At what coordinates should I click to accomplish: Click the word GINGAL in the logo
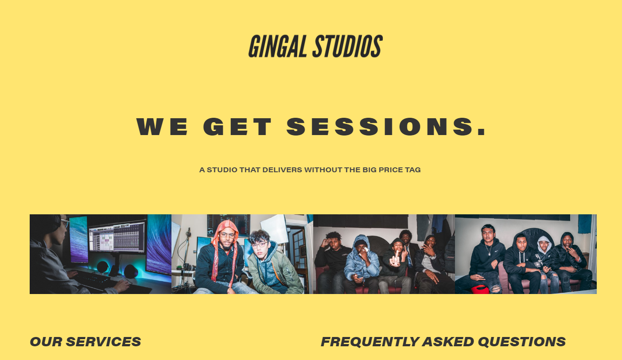point(277,46)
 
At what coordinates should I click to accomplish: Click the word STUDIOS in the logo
point(348,46)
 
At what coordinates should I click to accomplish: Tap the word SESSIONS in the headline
point(386,127)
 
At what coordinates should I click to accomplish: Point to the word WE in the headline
point(162,127)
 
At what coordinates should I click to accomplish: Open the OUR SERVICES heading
point(85,342)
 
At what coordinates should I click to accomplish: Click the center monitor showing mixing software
point(117,237)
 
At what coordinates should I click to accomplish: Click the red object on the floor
point(479,290)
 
